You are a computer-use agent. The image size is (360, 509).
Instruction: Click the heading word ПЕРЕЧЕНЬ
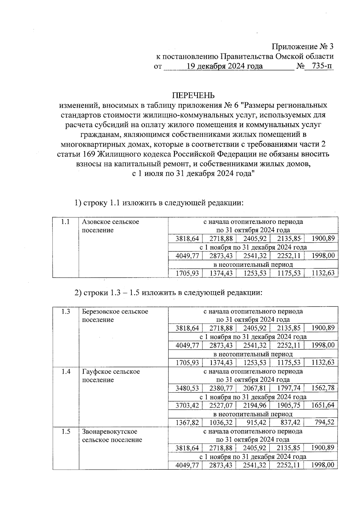[x=193, y=95]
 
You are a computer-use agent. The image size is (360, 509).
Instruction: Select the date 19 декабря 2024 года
[x=225, y=66]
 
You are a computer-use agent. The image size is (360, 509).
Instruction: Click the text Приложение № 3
[x=302, y=47]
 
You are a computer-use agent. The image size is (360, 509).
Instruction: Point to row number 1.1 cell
[x=65, y=222]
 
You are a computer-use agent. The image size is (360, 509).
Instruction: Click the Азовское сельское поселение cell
[x=110, y=226]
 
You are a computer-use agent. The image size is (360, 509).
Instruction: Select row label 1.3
[x=65, y=311]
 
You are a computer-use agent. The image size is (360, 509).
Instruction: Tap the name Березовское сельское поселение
[x=115, y=316]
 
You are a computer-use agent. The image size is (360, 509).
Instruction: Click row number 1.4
[x=65, y=371]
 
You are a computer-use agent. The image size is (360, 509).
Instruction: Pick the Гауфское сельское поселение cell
[x=111, y=376]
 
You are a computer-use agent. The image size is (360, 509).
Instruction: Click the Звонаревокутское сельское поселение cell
[x=112, y=436]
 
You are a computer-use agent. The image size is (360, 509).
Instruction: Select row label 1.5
[x=65, y=431]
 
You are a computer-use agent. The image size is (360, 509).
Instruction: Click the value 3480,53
[x=187, y=388]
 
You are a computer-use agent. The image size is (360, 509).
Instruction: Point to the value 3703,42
[x=187, y=405]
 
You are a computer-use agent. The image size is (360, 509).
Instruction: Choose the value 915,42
[x=255, y=423]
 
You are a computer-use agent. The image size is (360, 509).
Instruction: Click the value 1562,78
[x=323, y=388]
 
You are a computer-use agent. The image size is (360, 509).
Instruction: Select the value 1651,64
[x=323, y=405]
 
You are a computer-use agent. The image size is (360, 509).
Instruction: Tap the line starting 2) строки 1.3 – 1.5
[x=168, y=292]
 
